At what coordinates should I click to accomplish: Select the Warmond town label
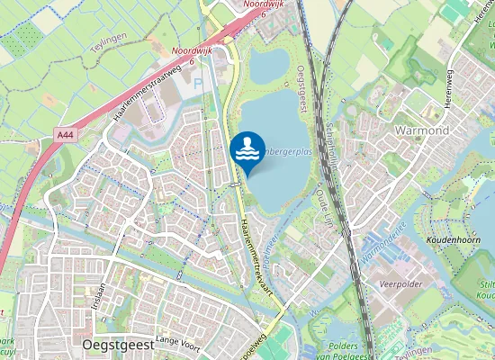point(422,130)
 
